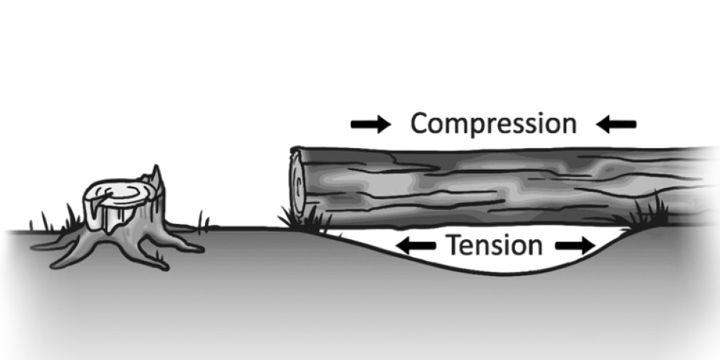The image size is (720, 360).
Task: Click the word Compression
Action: (x=493, y=125)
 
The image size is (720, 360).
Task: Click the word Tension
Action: (x=494, y=246)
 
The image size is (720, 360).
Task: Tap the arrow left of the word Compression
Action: (x=371, y=125)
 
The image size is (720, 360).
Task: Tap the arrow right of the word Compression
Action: (x=616, y=125)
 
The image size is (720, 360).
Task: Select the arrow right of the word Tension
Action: (x=574, y=246)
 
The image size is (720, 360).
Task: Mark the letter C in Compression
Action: (x=420, y=125)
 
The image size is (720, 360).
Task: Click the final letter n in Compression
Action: (x=567, y=126)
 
